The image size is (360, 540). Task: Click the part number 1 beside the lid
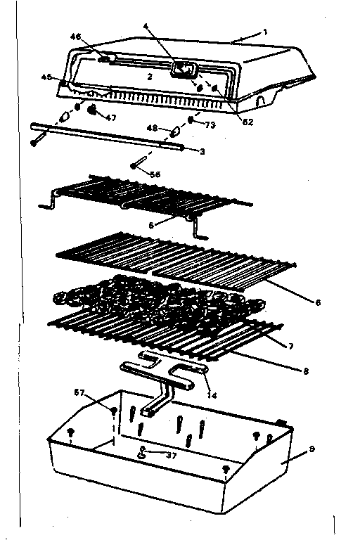click(265, 31)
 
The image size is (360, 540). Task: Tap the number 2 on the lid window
click(149, 75)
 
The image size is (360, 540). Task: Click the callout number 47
click(110, 117)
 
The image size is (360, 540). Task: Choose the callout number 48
click(152, 128)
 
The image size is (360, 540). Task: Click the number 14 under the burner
click(211, 395)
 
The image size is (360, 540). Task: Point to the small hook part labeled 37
click(143, 454)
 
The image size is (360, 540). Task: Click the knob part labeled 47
click(93, 110)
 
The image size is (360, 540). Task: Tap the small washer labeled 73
click(190, 121)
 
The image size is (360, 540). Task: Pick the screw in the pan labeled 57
click(112, 410)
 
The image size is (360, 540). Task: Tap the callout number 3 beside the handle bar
click(202, 151)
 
